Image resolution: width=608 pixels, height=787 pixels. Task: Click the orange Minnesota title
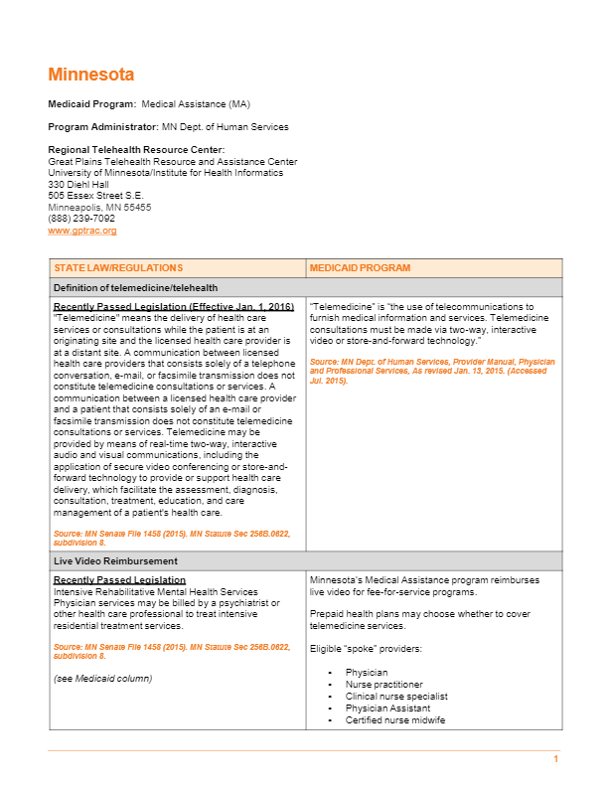tap(90, 75)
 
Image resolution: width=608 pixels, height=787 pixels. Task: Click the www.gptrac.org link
tap(82, 231)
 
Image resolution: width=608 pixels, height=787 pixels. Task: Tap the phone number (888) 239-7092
tap(81, 219)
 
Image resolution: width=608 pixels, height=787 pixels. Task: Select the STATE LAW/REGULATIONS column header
tap(118, 268)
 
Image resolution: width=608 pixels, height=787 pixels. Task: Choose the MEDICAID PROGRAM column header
tap(360, 268)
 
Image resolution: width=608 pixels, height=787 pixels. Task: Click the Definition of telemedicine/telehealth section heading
tap(135, 287)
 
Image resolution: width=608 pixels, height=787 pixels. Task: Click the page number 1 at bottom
tap(556, 760)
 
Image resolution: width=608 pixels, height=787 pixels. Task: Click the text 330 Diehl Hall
tap(78, 184)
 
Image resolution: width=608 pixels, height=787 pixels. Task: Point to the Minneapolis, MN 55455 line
tap(99, 208)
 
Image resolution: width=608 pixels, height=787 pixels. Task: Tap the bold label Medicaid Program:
tap(92, 103)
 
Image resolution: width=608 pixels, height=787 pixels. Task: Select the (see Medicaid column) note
tap(102, 678)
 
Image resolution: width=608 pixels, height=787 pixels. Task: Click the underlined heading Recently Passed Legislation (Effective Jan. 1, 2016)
tap(173, 307)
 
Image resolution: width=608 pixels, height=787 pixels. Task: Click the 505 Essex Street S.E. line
tap(95, 196)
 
